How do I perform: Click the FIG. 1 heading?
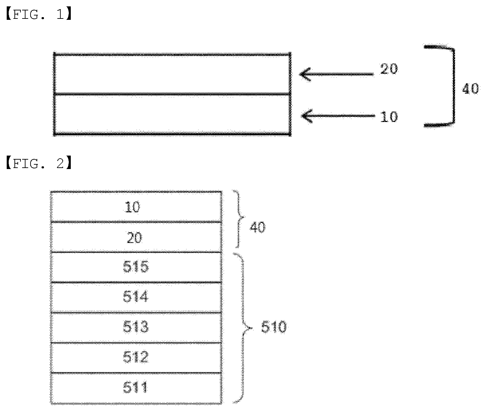(39, 14)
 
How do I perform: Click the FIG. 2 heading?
(39, 163)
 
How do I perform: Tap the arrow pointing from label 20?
(336, 74)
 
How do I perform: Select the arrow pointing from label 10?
(338, 116)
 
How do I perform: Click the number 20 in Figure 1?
(389, 69)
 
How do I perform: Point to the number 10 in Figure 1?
(389, 117)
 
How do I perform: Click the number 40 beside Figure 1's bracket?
(471, 89)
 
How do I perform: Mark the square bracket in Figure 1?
(453, 86)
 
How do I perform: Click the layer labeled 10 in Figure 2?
(136, 207)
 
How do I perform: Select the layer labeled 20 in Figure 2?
(136, 237)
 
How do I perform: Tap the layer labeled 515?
(136, 267)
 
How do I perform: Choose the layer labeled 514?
(136, 297)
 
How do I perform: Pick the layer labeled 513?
(136, 327)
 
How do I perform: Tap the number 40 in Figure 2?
(258, 227)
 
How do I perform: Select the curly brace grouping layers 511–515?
(243, 328)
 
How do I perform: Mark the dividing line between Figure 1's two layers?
(172, 94)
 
